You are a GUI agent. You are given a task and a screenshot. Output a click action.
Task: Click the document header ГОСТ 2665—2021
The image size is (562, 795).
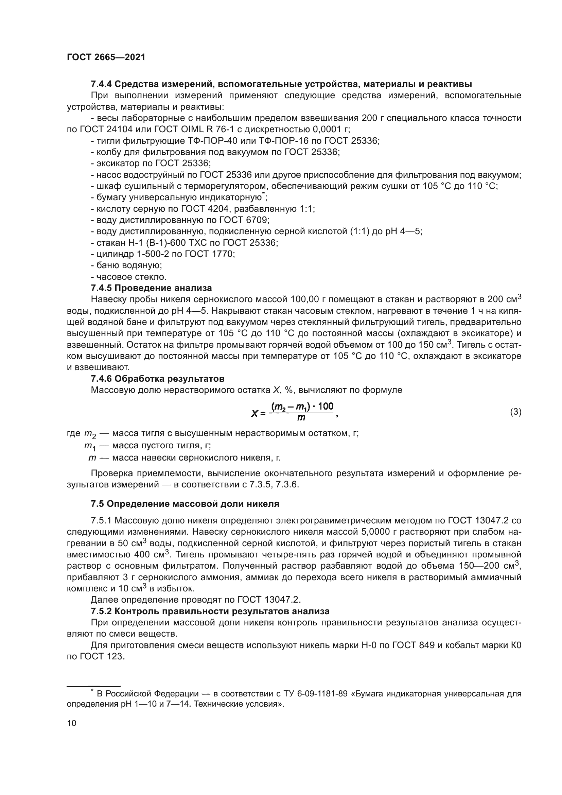pos(106,57)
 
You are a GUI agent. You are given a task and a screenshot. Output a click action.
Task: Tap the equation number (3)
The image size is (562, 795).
pos(516,412)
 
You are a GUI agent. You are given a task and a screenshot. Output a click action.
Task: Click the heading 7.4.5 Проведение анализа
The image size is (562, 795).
pos(151,288)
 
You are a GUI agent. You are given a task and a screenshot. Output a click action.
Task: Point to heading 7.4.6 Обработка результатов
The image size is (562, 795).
pos(157,378)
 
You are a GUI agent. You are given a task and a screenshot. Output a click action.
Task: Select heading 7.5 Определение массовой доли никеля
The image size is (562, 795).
pos(185,504)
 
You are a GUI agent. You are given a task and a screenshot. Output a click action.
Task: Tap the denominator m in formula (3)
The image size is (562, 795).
pos(301,418)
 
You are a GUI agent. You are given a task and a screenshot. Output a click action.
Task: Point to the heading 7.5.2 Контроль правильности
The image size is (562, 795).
pos(210,611)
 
